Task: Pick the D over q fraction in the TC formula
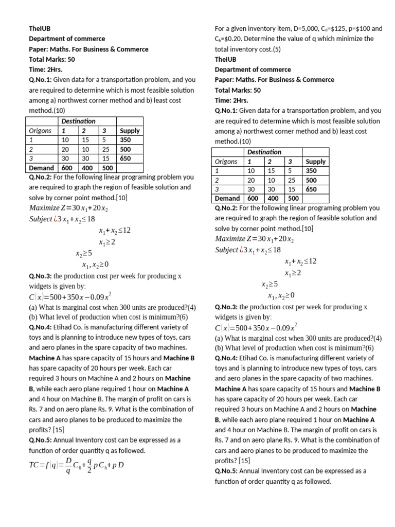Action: coord(68,467)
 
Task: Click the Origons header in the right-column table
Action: coord(227,161)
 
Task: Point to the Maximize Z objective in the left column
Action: coord(68,208)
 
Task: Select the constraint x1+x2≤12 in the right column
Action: coord(300,261)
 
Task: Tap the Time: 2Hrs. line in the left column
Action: coord(47,69)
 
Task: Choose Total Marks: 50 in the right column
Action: coord(238,90)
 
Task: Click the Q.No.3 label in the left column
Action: coord(40,276)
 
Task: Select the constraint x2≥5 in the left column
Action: coord(83,253)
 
